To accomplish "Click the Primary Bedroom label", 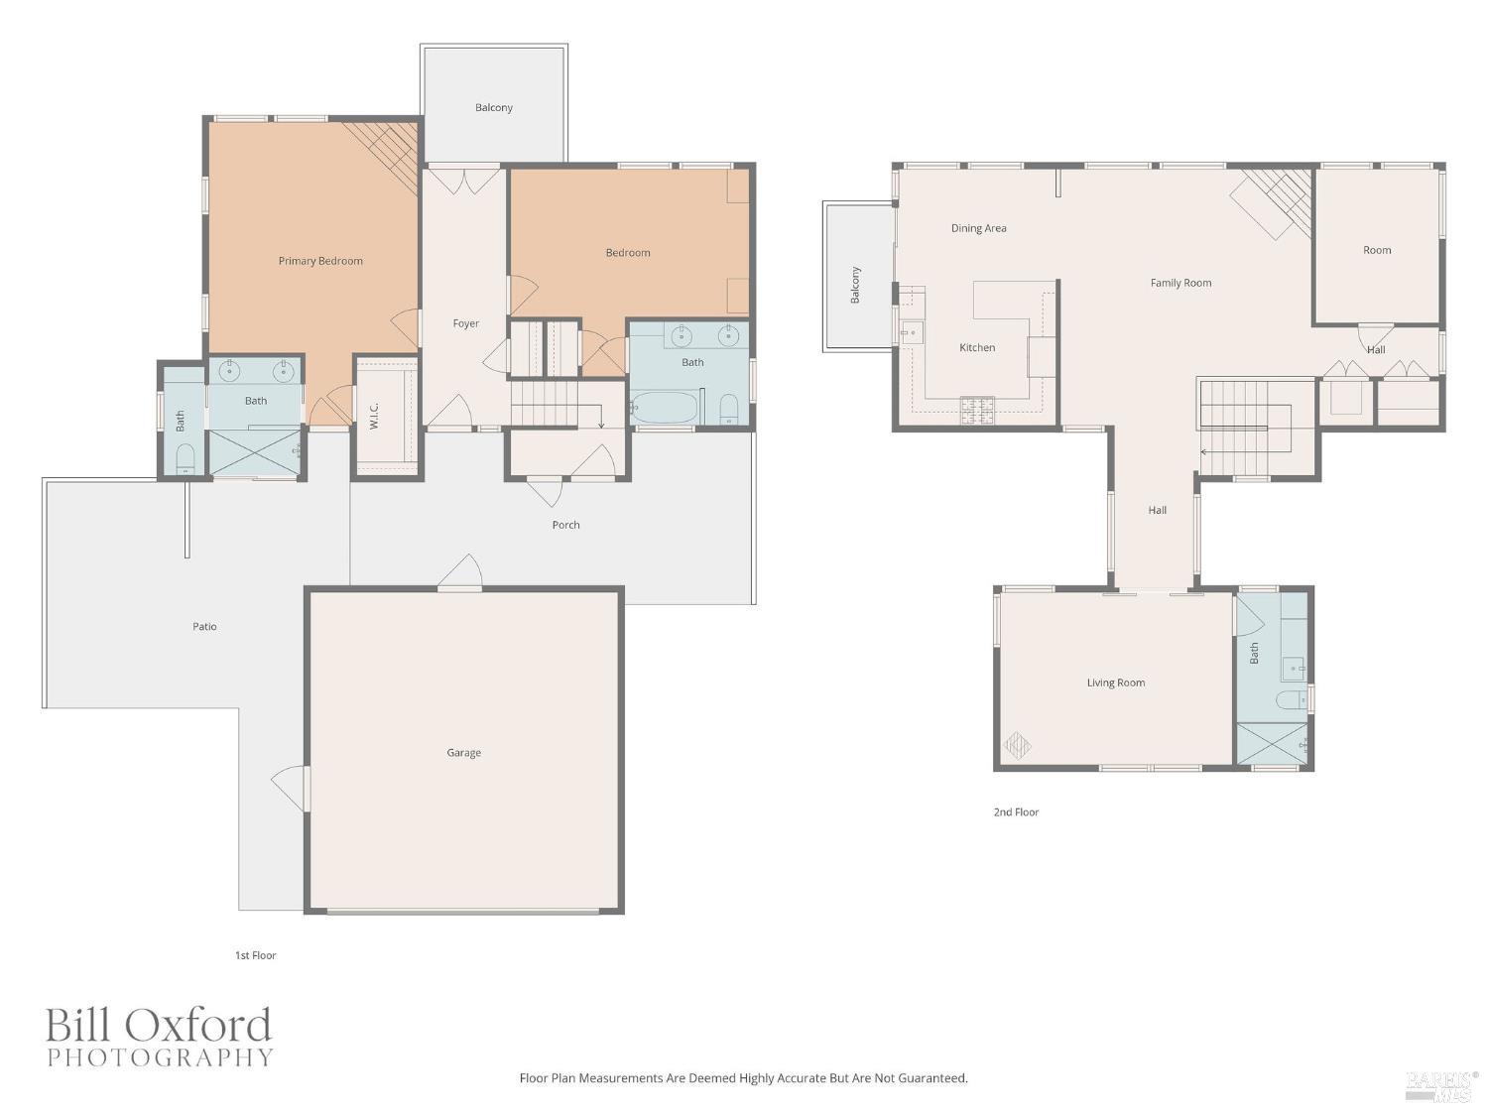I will pyautogui.click(x=320, y=261).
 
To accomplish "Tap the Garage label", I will pyautogui.click(x=463, y=753).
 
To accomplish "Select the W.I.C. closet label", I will pyautogui.click(x=375, y=416).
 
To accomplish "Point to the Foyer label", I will pyautogui.click(x=466, y=323).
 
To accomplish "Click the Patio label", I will pyautogui.click(x=204, y=627).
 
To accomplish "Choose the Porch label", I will pyautogui.click(x=565, y=525).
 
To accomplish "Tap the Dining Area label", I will pyautogui.click(x=978, y=228).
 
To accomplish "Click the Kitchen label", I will pyautogui.click(x=977, y=347).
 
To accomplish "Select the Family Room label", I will pyautogui.click(x=1180, y=283).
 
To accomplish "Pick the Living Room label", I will pyautogui.click(x=1115, y=682).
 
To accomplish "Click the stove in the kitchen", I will pyautogui.click(x=976, y=408).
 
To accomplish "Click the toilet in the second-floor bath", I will pyautogui.click(x=1292, y=700).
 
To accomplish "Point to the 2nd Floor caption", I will pyautogui.click(x=1016, y=811).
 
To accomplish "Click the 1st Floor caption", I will pyautogui.click(x=255, y=955).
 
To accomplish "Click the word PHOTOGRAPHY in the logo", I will pyautogui.click(x=160, y=1057).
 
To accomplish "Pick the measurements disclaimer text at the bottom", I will pyautogui.click(x=743, y=1077).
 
